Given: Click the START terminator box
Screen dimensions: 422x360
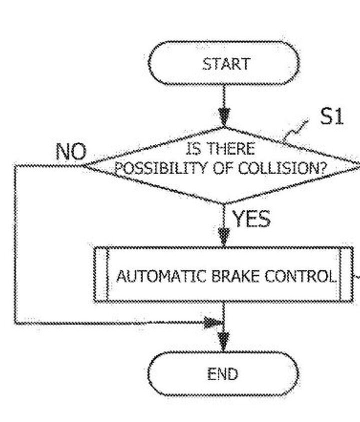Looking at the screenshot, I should (224, 64).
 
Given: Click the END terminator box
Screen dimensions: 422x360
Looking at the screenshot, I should (223, 374).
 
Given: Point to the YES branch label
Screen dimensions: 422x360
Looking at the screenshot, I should (251, 219).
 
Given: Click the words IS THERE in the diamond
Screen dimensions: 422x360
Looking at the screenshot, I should (220, 149).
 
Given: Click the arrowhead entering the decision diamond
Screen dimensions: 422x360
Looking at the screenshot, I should (224, 120).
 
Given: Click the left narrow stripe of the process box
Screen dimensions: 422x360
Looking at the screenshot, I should (101, 275).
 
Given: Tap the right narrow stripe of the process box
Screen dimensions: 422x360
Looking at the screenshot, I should (345, 275).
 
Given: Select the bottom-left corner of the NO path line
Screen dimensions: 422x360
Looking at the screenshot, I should (15, 323).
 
